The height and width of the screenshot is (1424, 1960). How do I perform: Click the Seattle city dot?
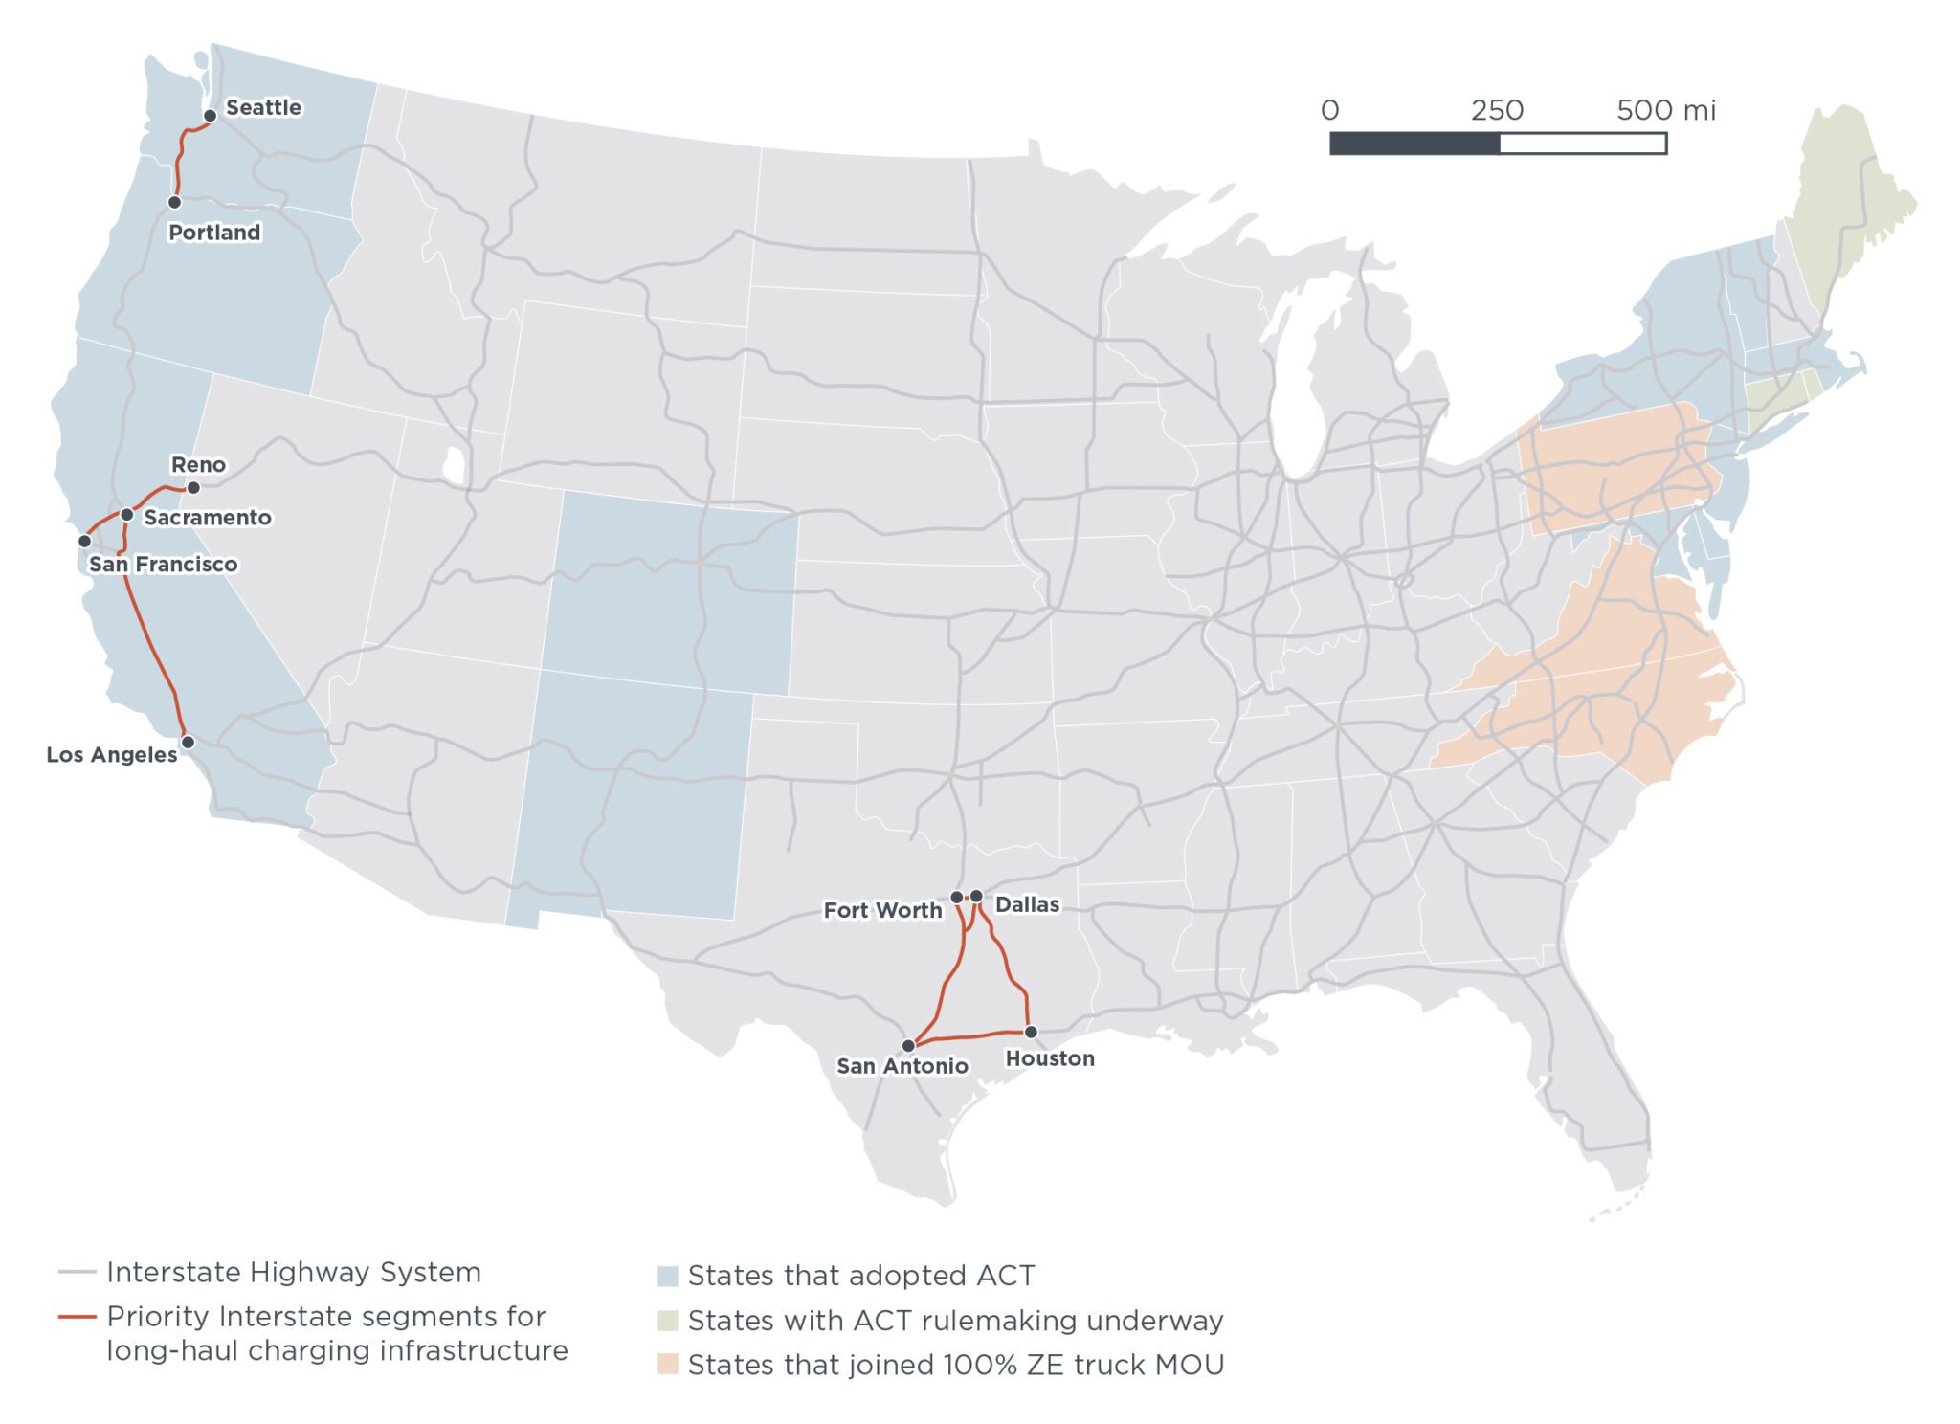click(x=210, y=116)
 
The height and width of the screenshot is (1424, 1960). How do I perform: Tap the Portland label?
click(x=214, y=233)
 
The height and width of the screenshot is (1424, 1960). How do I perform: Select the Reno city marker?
click(x=193, y=488)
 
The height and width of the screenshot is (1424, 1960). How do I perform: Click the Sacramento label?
click(x=208, y=518)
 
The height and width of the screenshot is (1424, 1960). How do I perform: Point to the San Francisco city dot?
click(x=84, y=542)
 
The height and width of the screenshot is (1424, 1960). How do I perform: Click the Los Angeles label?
click(x=112, y=755)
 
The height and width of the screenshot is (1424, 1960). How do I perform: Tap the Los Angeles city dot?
click(x=188, y=743)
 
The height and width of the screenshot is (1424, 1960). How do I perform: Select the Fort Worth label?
click(x=882, y=911)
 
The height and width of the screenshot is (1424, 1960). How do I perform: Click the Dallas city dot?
click(x=976, y=897)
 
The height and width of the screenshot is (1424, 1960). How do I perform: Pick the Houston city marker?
click(x=1031, y=1033)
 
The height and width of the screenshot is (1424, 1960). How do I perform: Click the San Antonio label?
click(x=902, y=1066)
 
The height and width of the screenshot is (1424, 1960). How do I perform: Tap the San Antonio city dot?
click(x=908, y=1046)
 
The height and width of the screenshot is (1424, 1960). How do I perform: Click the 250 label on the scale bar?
click(x=1497, y=111)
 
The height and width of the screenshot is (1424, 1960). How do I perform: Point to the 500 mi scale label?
click(x=1665, y=111)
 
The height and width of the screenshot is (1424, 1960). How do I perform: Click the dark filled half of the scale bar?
click(x=1414, y=144)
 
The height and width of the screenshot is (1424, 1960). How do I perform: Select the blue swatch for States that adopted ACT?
click(x=667, y=1277)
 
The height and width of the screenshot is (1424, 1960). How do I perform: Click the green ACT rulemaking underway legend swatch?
click(x=667, y=1321)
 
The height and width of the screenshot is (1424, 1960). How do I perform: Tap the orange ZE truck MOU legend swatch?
click(x=667, y=1365)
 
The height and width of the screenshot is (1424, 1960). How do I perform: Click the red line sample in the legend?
click(x=78, y=1318)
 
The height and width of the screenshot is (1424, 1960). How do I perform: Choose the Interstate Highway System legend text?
click(x=293, y=1273)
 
